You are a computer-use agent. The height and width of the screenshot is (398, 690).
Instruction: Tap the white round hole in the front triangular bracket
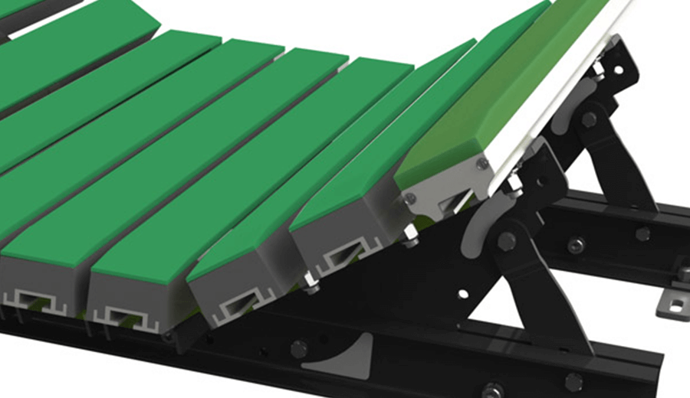[x=462, y=292]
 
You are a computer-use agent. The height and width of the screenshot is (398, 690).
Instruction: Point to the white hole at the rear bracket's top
[x=617, y=70]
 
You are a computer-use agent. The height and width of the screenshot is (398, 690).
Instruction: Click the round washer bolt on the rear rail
[x=576, y=245]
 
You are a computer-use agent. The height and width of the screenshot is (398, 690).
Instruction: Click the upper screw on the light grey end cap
[x=482, y=163]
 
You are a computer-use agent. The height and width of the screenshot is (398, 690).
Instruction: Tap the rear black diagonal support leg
[x=621, y=168]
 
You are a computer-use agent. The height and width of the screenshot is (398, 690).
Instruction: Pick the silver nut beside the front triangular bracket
[x=409, y=232]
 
